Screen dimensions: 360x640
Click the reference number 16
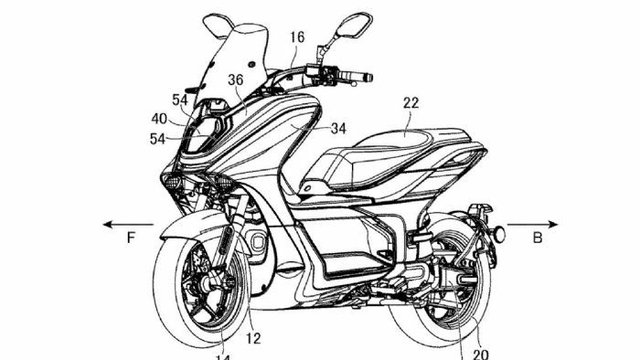pos(297,37)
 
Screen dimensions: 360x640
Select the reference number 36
pos(235,81)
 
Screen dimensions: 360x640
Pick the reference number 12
pos(253,338)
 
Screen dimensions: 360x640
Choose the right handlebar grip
pos(358,76)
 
